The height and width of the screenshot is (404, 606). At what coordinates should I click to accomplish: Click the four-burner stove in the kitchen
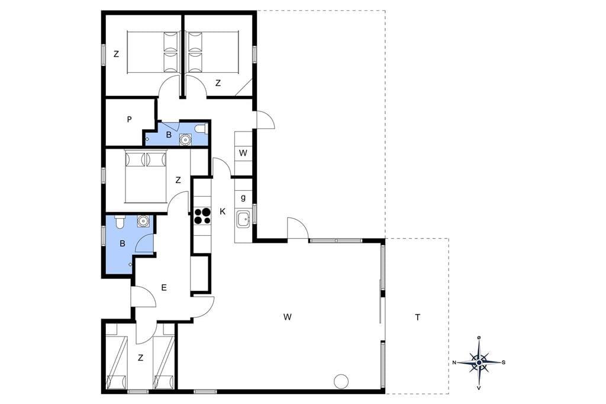(202, 216)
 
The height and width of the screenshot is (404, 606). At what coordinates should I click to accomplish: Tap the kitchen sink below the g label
(243, 220)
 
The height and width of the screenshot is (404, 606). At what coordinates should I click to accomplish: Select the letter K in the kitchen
(223, 211)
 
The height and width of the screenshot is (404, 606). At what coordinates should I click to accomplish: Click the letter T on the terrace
(417, 318)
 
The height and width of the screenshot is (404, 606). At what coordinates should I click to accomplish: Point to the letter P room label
(130, 120)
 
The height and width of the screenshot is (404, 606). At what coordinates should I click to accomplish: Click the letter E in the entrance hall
(164, 287)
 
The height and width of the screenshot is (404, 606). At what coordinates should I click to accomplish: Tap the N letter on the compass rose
(454, 363)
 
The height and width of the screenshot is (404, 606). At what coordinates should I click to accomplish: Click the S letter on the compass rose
(503, 363)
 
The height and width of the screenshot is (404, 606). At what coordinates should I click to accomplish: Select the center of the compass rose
(479, 363)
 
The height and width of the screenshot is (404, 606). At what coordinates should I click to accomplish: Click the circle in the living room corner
(341, 381)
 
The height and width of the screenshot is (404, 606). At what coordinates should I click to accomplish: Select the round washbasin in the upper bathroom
(186, 139)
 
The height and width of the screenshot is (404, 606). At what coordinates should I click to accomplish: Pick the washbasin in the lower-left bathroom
(143, 221)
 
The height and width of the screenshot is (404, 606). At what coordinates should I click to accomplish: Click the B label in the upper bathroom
(169, 135)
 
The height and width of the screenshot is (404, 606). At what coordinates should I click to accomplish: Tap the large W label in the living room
(287, 318)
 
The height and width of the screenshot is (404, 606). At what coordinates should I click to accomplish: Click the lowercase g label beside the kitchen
(243, 198)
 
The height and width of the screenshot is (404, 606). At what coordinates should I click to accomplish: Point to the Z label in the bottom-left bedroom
(140, 358)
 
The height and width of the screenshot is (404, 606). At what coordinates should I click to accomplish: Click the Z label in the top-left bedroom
(117, 54)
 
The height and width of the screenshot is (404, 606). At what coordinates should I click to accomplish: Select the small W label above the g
(243, 153)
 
